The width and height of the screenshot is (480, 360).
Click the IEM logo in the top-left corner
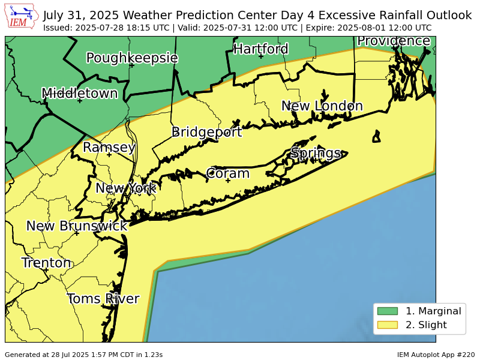(22, 16)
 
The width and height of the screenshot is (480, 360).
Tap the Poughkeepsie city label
(132, 58)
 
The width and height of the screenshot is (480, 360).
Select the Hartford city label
(261, 49)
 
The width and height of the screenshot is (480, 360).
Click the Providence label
(394, 41)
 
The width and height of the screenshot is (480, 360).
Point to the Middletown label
(79, 93)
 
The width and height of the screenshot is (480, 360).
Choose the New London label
(322, 106)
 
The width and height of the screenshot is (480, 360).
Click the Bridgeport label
(206, 132)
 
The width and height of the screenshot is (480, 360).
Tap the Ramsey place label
(109, 147)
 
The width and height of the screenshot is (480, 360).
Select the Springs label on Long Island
(316, 153)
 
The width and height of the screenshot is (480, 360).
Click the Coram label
(227, 173)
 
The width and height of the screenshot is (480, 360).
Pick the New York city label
(125, 188)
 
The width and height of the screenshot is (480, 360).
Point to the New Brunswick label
(77, 226)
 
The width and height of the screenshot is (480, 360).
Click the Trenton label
(46, 263)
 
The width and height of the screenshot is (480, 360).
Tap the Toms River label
(103, 299)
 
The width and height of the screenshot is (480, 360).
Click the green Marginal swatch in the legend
(387, 311)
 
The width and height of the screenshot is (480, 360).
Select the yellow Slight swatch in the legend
(387, 325)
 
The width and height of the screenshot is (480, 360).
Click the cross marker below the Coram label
(228, 181)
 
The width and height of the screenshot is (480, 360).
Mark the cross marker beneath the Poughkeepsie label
(131, 65)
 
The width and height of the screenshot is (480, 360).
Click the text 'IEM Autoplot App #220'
(436, 355)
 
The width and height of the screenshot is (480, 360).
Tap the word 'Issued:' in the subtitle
(58, 28)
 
